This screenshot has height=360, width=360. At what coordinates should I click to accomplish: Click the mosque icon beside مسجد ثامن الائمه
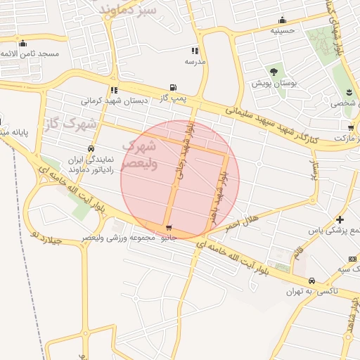tap(22, 44)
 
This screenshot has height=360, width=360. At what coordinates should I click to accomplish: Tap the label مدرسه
tap(195, 62)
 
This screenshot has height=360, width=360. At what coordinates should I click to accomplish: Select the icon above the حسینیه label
tap(282, 20)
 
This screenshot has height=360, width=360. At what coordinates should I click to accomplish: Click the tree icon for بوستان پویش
tap(273, 72)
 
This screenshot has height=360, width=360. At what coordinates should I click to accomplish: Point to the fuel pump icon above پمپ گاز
tap(172, 87)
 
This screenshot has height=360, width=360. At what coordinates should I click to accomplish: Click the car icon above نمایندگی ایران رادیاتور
tap(91, 148)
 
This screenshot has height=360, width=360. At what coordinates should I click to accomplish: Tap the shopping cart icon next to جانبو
tap(169, 228)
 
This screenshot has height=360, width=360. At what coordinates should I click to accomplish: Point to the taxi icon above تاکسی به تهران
tap(311, 280)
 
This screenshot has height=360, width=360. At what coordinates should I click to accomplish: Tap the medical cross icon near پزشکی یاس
tap(340, 219)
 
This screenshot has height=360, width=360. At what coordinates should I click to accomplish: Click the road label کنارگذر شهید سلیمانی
tap(271, 124)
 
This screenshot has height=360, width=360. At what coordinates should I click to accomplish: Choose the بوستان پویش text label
tap(276, 83)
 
